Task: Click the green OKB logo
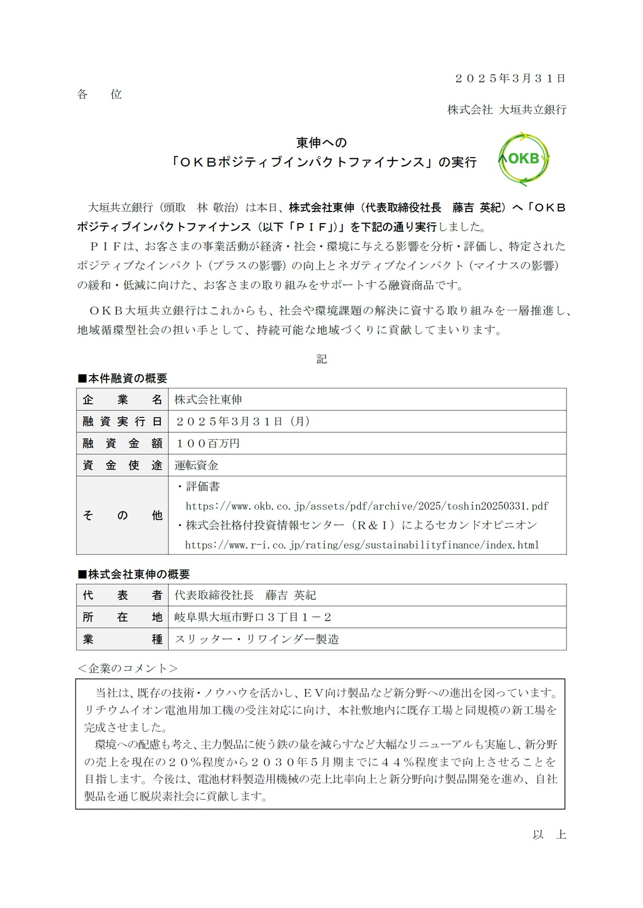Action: [523, 159]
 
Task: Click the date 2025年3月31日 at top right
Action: [510, 79]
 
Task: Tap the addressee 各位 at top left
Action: [99, 94]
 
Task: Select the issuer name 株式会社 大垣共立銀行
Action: [506, 110]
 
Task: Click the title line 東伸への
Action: [321, 143]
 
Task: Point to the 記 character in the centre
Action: [321, 359]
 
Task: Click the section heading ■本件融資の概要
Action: [122, 378]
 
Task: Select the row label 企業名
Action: [122, 399]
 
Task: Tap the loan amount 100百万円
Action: [207, 443]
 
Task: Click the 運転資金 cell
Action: [196, 465]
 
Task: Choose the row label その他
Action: [122, 515]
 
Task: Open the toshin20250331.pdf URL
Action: [367, 506]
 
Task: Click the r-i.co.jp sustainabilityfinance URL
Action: [362, 545]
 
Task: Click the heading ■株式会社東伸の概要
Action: [134, 574]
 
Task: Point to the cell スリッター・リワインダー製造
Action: [257, 639]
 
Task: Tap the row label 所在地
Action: [122, 617]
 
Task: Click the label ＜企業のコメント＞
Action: [128, 669]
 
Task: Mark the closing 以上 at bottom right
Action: [549, 835]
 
